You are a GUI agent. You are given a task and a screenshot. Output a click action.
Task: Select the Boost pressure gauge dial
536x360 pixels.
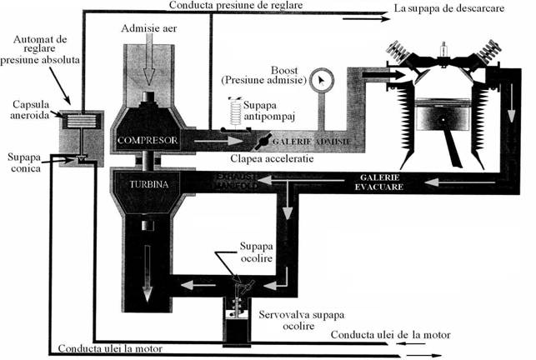318,82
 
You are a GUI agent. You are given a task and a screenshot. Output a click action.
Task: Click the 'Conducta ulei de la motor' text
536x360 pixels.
391,335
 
